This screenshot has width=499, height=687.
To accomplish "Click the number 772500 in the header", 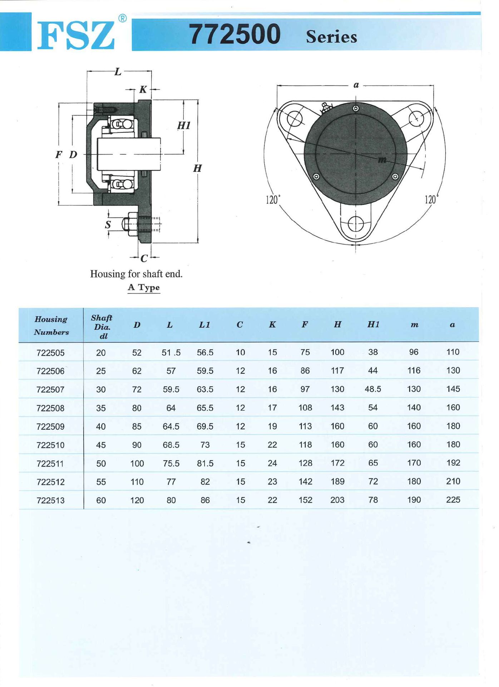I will click(x=234, y=34).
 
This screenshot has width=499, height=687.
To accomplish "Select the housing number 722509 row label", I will click(x=50, y=427).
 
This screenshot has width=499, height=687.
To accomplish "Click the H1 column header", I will click(x=373, y=325).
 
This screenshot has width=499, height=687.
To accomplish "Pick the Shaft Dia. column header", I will click(x=102, y=326).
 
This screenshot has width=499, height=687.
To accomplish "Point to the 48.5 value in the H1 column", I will click(x=373, y=389).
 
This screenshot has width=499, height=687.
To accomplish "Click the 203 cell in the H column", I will click(x=337, y=500).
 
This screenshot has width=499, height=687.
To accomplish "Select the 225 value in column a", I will click(x=453, y=500).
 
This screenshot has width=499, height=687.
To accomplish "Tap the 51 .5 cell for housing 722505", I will click(x=171, y=352).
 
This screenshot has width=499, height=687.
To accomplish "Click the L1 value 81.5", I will click(x=205, y=463).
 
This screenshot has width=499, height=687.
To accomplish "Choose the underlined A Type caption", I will click(x=144, y=287).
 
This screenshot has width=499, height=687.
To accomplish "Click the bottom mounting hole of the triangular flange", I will click(x=356, y=224).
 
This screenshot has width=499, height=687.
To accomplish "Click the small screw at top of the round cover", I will click(x=356, y=108).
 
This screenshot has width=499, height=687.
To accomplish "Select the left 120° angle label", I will click(x=273, y=200).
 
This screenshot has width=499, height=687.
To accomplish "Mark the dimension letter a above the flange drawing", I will click(x=356, y=85).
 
